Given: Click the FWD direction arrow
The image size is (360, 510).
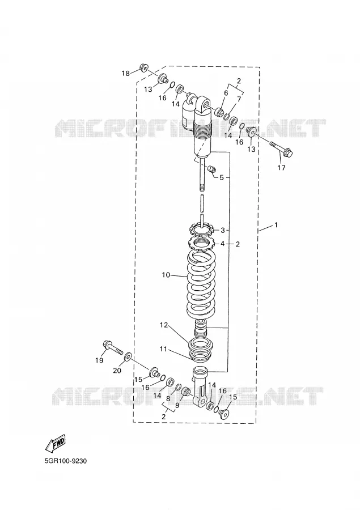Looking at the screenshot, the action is click(56, 443).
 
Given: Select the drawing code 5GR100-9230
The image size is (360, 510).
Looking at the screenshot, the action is click(65, 461).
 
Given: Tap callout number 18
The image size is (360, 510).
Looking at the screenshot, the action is click(126, 73).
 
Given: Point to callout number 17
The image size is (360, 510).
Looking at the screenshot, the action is click(281, 168).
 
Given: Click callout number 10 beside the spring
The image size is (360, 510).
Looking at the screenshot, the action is click(166, 275).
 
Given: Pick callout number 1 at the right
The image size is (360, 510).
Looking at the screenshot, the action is click(276, 225).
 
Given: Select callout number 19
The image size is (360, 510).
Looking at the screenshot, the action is click(99, 360).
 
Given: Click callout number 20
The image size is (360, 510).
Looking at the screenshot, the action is click(117, 371).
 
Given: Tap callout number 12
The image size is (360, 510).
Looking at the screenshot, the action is click(164, 325).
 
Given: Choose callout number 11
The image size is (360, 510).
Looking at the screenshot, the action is click(163, 349).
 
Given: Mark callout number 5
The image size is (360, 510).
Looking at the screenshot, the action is click(222, 177).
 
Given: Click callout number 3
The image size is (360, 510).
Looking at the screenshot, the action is click(223, 230).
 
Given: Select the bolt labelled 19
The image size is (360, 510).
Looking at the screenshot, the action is click(112, 348).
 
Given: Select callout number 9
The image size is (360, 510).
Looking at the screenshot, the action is click(177, 405).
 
